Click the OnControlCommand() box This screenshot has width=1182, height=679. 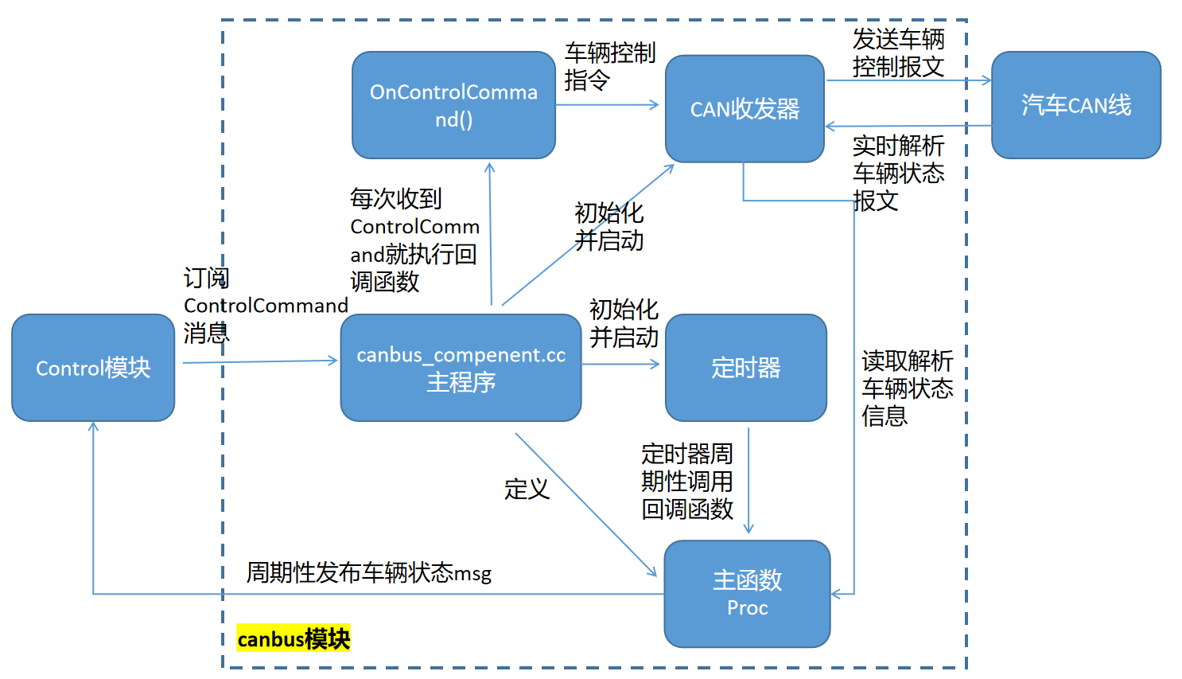click(x=453, y=105)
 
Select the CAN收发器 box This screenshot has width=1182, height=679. click(x=745, y=108)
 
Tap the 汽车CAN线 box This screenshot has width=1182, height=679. click(x=1075, y=105)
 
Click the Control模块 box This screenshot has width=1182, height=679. click(x=93, y=368)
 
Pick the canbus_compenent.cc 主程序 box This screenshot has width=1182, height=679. click(x=461, y=368)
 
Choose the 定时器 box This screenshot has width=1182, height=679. click(x=745, y=368)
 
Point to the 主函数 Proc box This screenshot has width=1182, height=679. click(x=747, y=593)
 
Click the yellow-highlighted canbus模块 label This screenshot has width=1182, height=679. click(x=294, y=639)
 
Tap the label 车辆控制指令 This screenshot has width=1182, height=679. click(x=609, y=67)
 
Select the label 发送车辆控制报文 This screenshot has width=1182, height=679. click(x=898, y=53)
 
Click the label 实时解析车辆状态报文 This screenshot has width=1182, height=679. click(x=898, y=173)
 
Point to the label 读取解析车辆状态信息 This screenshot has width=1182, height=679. click(x=907, y=388)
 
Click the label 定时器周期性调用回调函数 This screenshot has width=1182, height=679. click(x=687, y=482)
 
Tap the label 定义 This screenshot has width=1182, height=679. click(x=527, y=489)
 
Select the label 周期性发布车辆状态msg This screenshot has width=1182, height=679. click(x=369, y=572)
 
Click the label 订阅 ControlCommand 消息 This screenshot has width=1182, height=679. click(x=266, y=306)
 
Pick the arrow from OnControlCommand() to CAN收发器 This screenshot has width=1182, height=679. click(x=608, y=104)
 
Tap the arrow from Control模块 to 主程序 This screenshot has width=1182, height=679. click(x=259, y=361)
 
